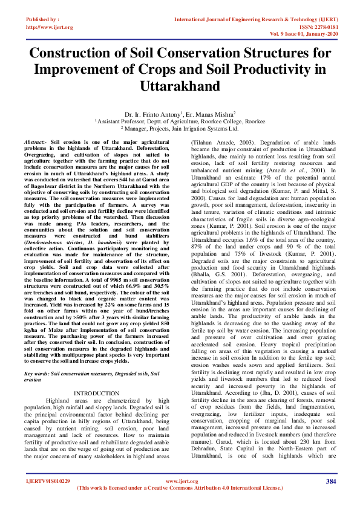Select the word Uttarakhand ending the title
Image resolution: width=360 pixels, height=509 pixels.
tap(180, 86)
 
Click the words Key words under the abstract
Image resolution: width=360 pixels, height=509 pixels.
tap(38, 374)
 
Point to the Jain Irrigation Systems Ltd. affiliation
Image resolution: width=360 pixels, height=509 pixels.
tap(209, 128)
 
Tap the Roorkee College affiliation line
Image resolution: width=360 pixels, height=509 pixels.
tap(180, 121)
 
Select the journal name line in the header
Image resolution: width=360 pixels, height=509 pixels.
tap(254, 20)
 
